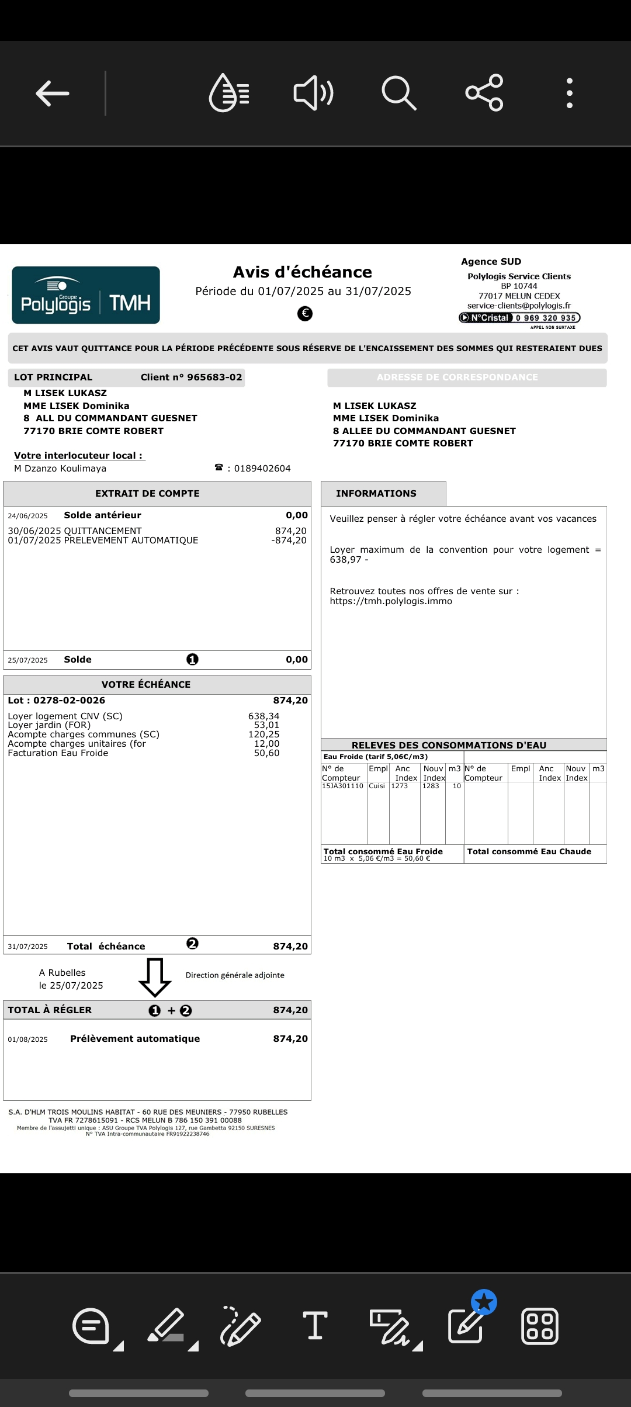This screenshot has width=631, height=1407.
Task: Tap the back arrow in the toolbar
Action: (x=53, y=93)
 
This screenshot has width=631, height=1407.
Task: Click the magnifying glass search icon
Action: (x=398, y=93)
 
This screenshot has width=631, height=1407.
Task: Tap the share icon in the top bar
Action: (x=484, y=93)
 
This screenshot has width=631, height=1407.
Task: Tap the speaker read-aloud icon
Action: (x=313, y=93)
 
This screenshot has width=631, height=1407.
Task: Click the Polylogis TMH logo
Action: (x=86, y=295)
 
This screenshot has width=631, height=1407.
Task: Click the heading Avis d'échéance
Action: (x=303, y=272)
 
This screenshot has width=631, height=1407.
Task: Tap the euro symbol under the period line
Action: (x=305, y=314)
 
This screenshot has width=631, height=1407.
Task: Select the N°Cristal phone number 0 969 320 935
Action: (x=546, y=318)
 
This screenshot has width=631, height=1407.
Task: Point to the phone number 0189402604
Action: (x=262, y=469)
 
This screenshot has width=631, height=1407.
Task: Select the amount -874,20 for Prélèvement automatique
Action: (x=289, y=540)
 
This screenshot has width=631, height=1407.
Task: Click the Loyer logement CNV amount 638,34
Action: (x=264, y=716)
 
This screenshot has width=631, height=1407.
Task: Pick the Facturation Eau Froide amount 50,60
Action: (x=266, y=753)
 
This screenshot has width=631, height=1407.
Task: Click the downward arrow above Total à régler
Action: (x=155, y=977)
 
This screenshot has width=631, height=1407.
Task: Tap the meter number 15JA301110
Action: (x=342, y=786)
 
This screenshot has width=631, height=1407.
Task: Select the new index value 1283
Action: (x=431, y=786)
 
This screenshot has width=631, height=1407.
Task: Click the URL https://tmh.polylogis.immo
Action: (x=391, y=601)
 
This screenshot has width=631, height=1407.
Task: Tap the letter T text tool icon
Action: (x=315, y=1325)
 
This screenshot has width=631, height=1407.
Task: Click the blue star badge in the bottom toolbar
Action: (x=484, y=1302)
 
